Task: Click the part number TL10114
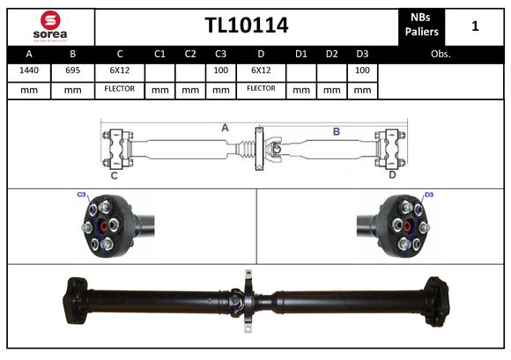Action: click(247, 26)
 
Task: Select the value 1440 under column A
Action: click(29, 70)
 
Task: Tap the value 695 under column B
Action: click(73, 70)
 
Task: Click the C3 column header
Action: click(220, 54)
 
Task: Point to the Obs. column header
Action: click(441, 54)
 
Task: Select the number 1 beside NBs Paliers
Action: click(475, 26)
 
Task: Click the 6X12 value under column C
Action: click(120, 70)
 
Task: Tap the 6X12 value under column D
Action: click(261, 70)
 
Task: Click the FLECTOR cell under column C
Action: click(120, 89)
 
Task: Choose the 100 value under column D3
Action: click(361, 70)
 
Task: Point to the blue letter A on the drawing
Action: click(225, 128)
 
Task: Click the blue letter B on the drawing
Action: click(336, 131)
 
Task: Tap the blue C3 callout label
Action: click(81, 194)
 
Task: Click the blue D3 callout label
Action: click(429, 195)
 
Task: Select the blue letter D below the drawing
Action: click(392, 174)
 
